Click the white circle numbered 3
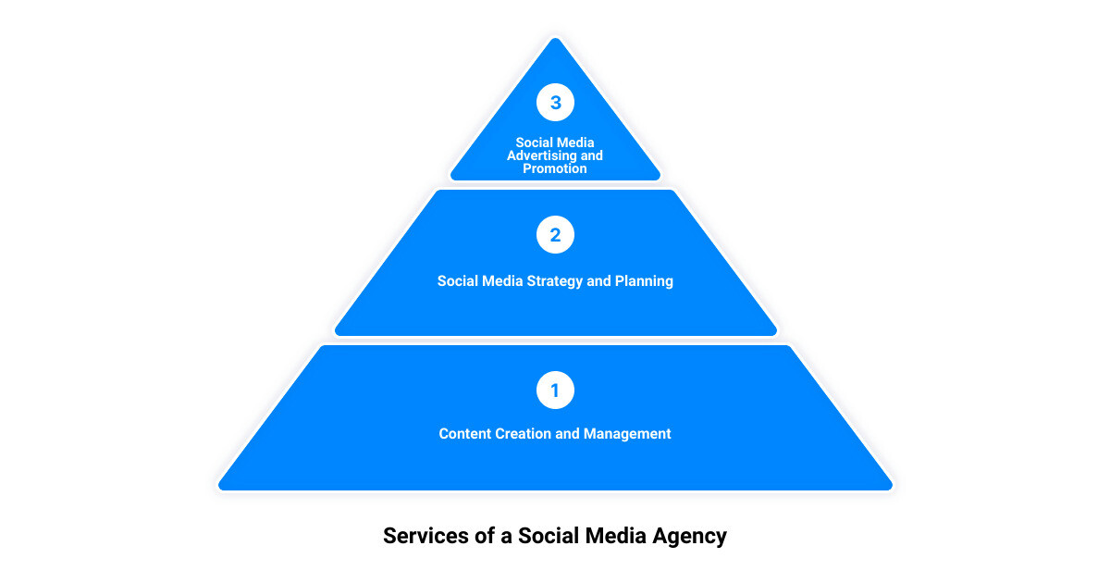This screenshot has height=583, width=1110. click(x=555, y=103)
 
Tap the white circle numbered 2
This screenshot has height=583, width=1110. click(x=555, y=235)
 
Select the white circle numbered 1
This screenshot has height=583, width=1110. click(x=555, y=391)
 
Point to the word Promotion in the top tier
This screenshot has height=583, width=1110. click(x=555, y=168)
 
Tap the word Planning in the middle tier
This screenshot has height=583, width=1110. click(x=644, y=280)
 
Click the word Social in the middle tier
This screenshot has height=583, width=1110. click(x=458, y=280)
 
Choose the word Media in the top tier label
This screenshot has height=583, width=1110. click(x=579, y=143)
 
